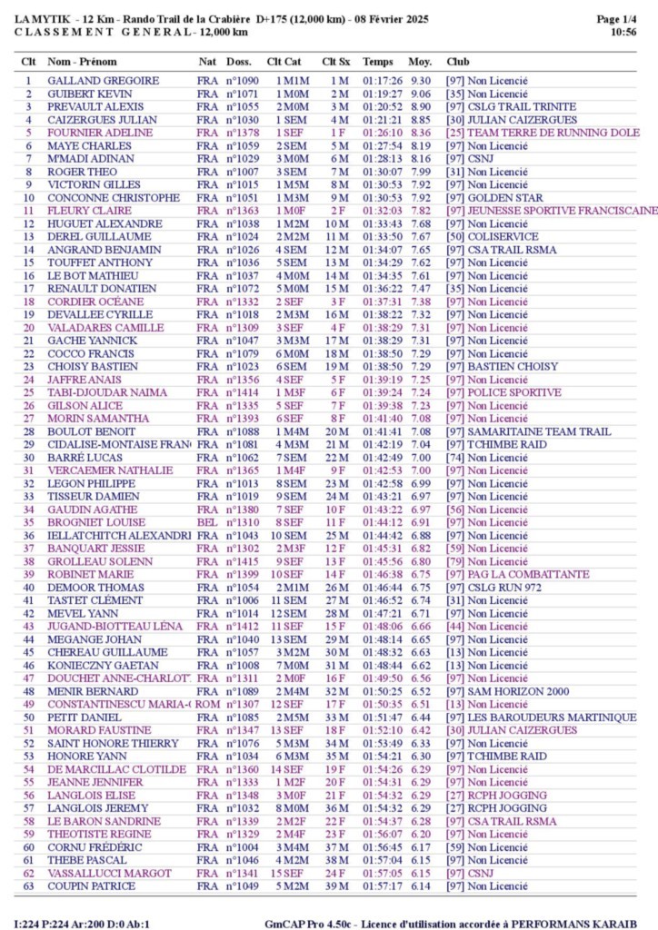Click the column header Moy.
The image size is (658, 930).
pyautogui.click(x=419, y=62)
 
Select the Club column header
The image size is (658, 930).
pyautogui.click(x=457, y=62)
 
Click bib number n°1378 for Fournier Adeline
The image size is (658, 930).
pyautogui.click(x=242, y=133)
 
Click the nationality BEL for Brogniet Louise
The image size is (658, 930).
pyautogui.click(x=206, y=523)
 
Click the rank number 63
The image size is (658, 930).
pyautogui.click(x=29, y=886)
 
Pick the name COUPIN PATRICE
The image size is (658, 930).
pyautogui.click(x=87, y=886)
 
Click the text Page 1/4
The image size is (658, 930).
pyautogui.click(x=616, y=19)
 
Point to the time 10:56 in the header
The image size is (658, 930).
pyautogui.click(x=623, y=32)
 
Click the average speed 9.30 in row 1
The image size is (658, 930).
pyautogui.click(x=420, y=81)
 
